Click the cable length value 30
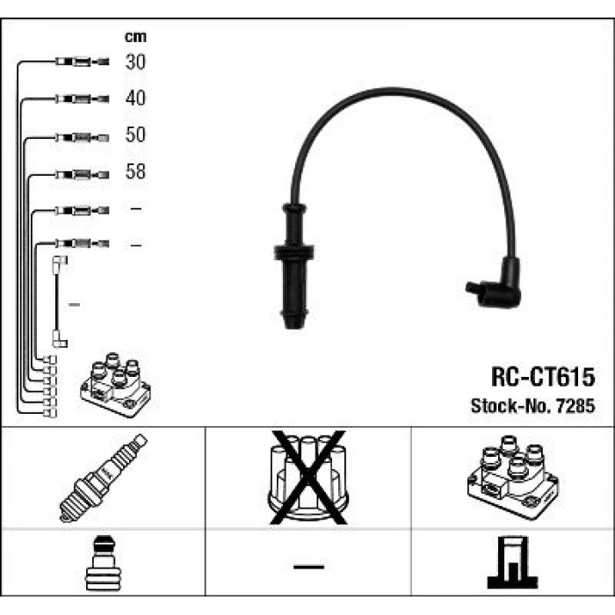(135, 62)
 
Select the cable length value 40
(135, 98)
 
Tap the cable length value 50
(135, 134)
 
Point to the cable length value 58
(135, 171)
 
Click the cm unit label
(135, 37)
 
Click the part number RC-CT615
(543, 377)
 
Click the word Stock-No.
(511, 406)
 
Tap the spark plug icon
(103, 478)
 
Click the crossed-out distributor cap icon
(308, 478)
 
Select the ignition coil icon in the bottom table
(513, 477)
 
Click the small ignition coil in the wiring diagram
(115, 385)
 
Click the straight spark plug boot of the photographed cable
(293, 266)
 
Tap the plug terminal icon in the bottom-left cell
(103, 563)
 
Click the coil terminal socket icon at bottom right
(512, 562)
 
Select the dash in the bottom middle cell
(308, 567)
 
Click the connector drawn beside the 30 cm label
(82, 61)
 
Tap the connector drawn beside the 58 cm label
(82, 174)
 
